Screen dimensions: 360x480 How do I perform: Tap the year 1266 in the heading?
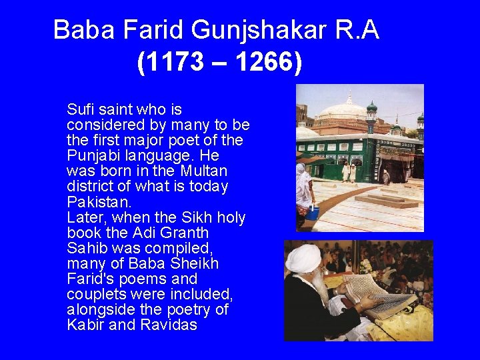click(263, 63)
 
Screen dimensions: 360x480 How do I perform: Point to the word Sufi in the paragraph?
click(81, 109)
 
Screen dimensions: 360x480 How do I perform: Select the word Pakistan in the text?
click(99, 201)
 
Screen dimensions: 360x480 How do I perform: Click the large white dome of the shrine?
click(344, 111)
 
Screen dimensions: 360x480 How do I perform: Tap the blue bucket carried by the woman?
click(313, 213)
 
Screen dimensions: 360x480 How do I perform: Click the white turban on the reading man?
click(303, 258)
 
